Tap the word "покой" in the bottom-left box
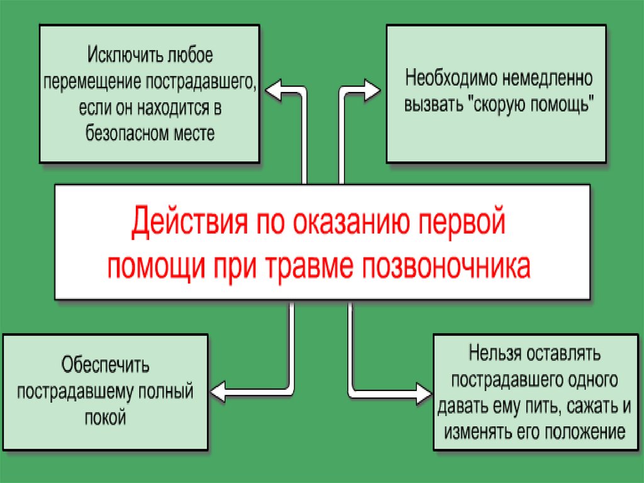(105, 417)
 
